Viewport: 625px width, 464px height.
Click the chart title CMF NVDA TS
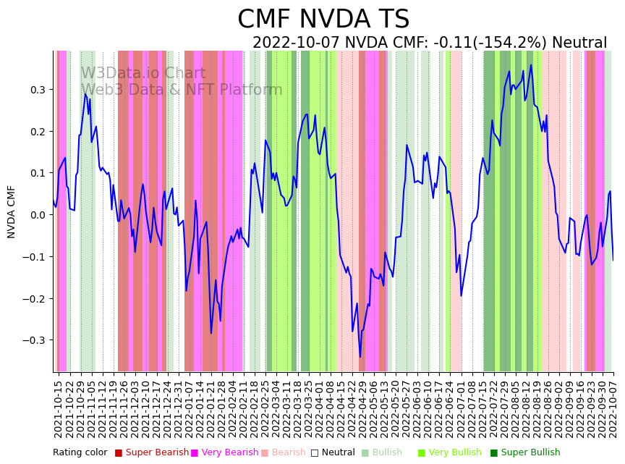tap(323, 20)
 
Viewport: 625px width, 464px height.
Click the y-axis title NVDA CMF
tap(12, 211)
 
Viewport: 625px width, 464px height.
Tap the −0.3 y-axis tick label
tap(33, 340)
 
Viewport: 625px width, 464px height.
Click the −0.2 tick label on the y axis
tap(33, 298)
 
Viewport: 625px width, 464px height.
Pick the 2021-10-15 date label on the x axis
tap(59, 409)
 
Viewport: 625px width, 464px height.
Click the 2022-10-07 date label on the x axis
tap(613, 409)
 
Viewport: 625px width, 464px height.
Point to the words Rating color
tap(80, 452)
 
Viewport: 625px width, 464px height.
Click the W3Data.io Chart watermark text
tap(143, 73)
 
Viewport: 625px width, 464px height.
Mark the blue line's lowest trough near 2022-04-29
tap(360, 357)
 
